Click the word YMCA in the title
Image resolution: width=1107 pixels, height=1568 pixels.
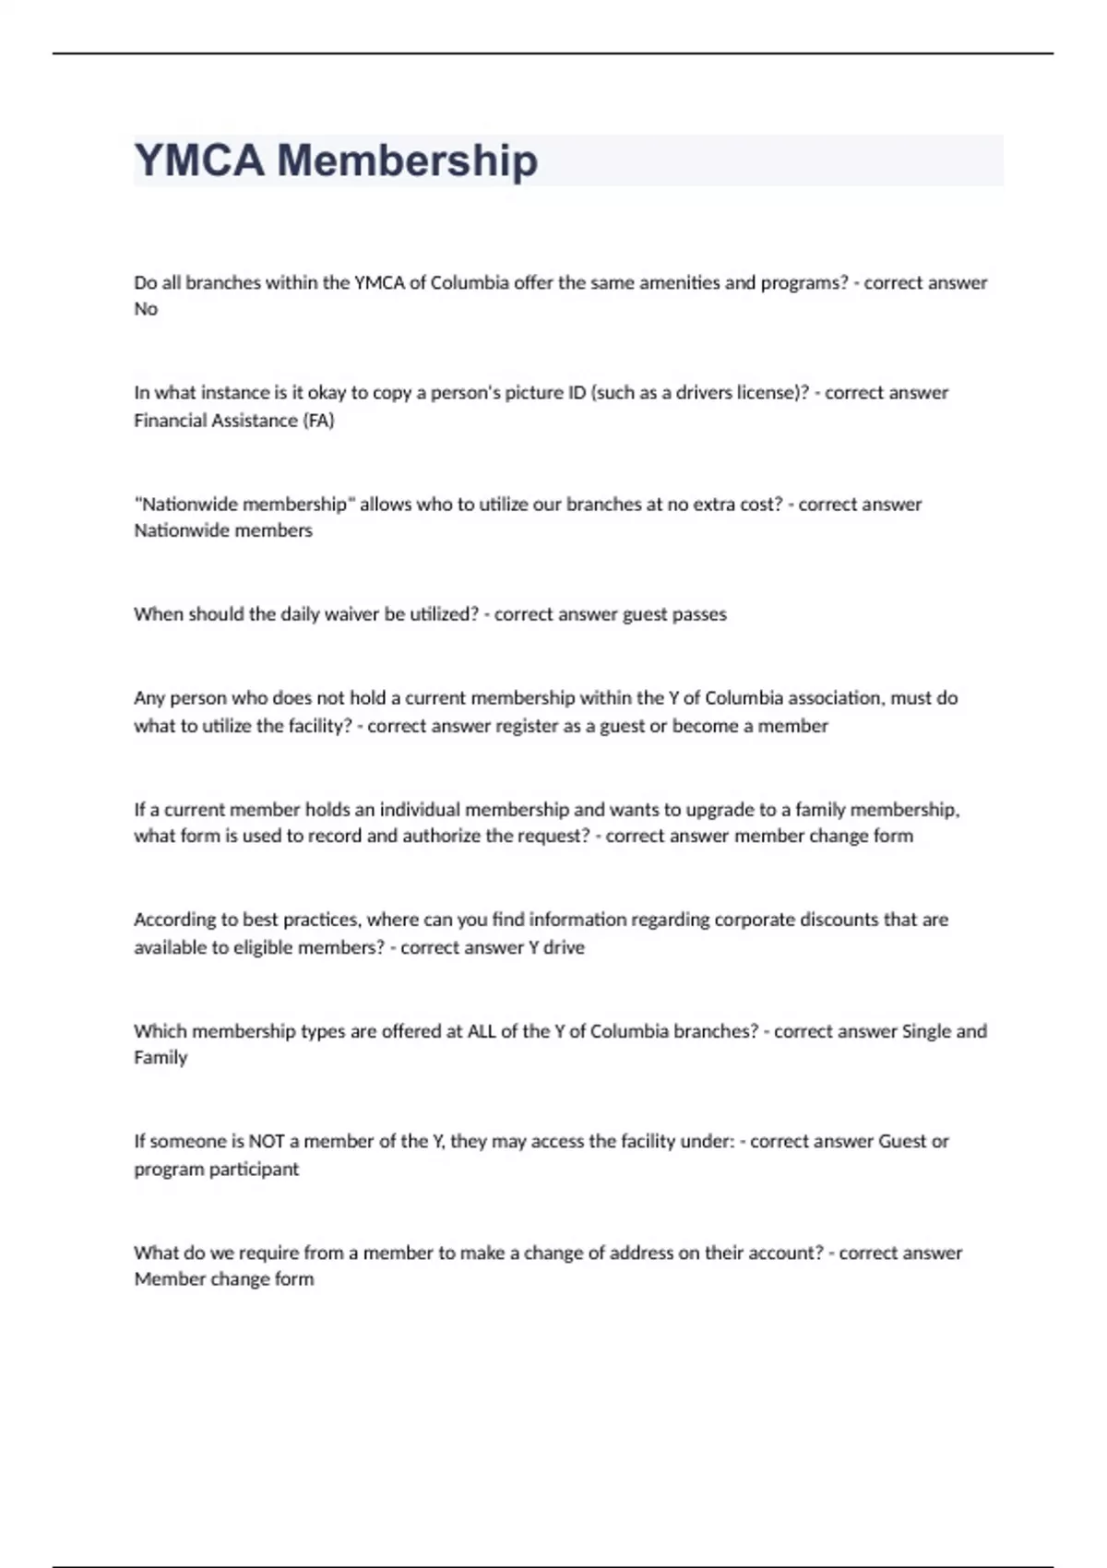pos(199,160)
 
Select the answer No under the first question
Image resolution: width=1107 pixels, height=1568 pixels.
pos(146,309)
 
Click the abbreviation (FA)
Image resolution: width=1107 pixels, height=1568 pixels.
pos(318,421)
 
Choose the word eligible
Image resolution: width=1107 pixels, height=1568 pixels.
pos(234,947)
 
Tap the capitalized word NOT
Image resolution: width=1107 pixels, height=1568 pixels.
pos(267,1142)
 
